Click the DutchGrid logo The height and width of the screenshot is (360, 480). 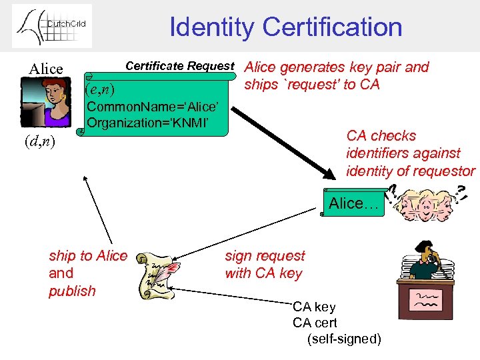51,26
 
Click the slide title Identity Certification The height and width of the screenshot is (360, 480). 285,27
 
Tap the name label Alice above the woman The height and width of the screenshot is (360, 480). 46,69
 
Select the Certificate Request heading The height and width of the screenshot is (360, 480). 180,66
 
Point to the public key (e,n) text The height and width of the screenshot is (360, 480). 101,89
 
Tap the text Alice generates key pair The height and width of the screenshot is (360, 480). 337,67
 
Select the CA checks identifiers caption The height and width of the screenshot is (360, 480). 410,153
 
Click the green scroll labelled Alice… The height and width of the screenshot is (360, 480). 353,203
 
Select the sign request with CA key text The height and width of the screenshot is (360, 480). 265,265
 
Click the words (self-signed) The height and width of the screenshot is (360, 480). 344,339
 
